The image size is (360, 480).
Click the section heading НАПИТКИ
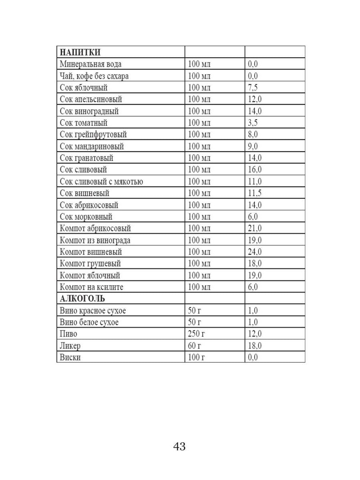tap(80, 52)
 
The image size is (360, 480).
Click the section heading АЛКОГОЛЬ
tap(82, 299)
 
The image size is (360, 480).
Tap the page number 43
tap(180, 446)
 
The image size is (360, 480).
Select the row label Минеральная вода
tap(90, 64)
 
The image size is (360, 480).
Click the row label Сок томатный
tap(84, 123)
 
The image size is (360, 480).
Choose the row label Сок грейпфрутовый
tap(93, 134)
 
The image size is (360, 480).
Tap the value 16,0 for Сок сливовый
tap(255, 170)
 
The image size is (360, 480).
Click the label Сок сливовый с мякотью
tap(101, 182)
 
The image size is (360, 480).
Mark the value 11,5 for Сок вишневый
tap(255, 193)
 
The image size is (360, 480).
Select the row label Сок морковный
tap(86, 217)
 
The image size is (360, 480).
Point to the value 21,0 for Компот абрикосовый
tap(255, 228)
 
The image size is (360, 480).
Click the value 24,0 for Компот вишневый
tap(255, 252)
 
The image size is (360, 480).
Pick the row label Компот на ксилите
tap(92, 287)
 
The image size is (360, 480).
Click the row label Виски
tap(70, 357)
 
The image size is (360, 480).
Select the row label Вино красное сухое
tap(95, 310)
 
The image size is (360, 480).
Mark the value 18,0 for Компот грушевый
tap(255, 264)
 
